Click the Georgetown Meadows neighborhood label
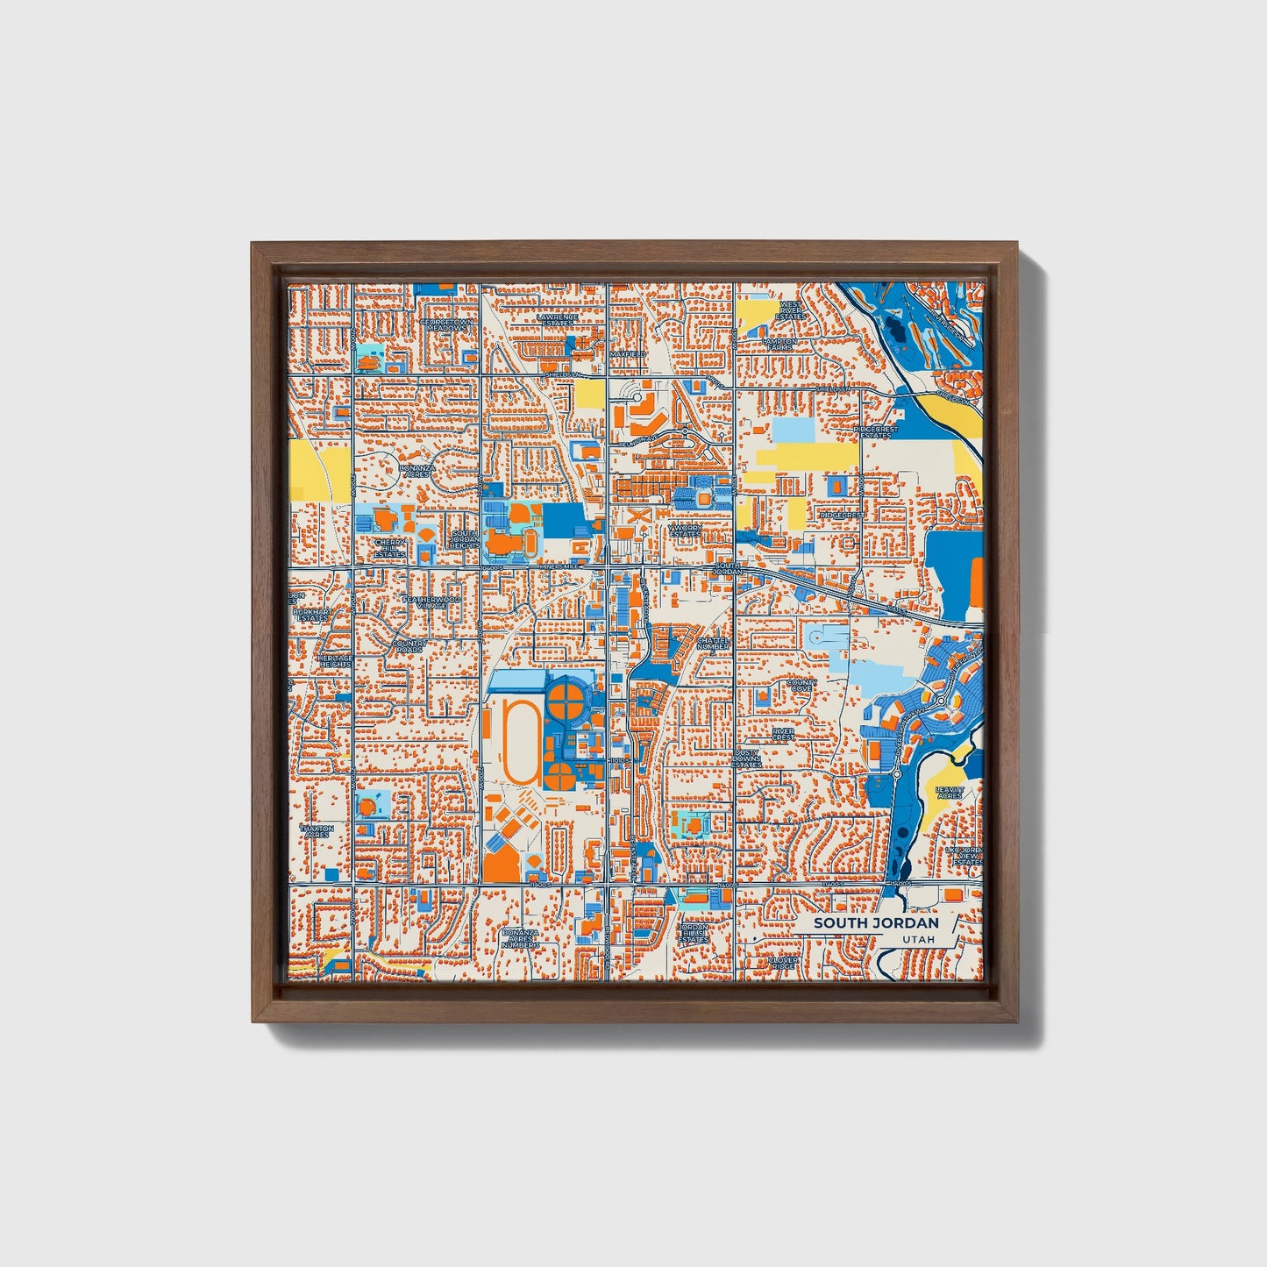(446, 324)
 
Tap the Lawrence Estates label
(558, 320)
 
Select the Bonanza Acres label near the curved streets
(416, 472)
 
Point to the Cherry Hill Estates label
(390, 548)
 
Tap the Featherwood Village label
(430, 601)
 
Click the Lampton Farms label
(779, 344)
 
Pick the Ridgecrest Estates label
(878, 431)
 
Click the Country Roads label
(409, 646)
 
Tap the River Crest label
(783, 733)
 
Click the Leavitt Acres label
(950, 793)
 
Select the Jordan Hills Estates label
(693, 933)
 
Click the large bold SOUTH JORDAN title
(875, 922)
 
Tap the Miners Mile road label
(559, 567)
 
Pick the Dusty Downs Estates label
(747, 758)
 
